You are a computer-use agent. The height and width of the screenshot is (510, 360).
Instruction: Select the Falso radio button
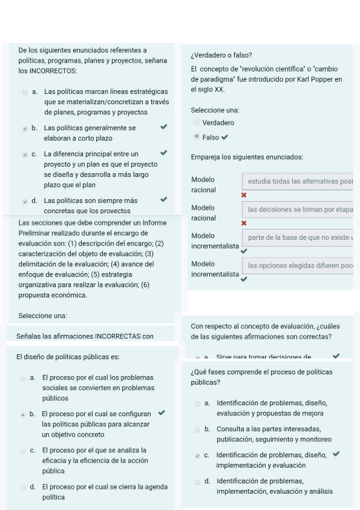click(197, 137)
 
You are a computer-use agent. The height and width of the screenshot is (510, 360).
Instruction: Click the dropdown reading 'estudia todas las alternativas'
click(297, 181)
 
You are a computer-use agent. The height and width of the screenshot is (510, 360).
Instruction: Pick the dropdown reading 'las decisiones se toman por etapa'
click(297, 209)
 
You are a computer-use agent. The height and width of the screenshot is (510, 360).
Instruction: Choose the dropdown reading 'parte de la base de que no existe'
click(297, 238)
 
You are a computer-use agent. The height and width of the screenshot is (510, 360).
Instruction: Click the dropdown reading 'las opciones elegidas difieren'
click(297, 265)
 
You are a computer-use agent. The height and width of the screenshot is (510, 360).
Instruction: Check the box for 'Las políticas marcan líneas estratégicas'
click(25, 93)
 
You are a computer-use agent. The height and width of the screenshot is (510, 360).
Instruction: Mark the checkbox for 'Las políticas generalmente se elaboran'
click(25, 129)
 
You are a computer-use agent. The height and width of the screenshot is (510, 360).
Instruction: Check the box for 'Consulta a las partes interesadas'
click(198, 429)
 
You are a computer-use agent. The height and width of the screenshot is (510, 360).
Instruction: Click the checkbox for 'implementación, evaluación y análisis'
click(198, 482)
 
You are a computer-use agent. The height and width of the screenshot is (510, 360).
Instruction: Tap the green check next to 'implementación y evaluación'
click(335, 454)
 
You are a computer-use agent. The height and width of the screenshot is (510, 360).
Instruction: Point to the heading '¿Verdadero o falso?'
click(221, 55)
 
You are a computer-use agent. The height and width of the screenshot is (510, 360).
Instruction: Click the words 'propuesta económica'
click(53, 295)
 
